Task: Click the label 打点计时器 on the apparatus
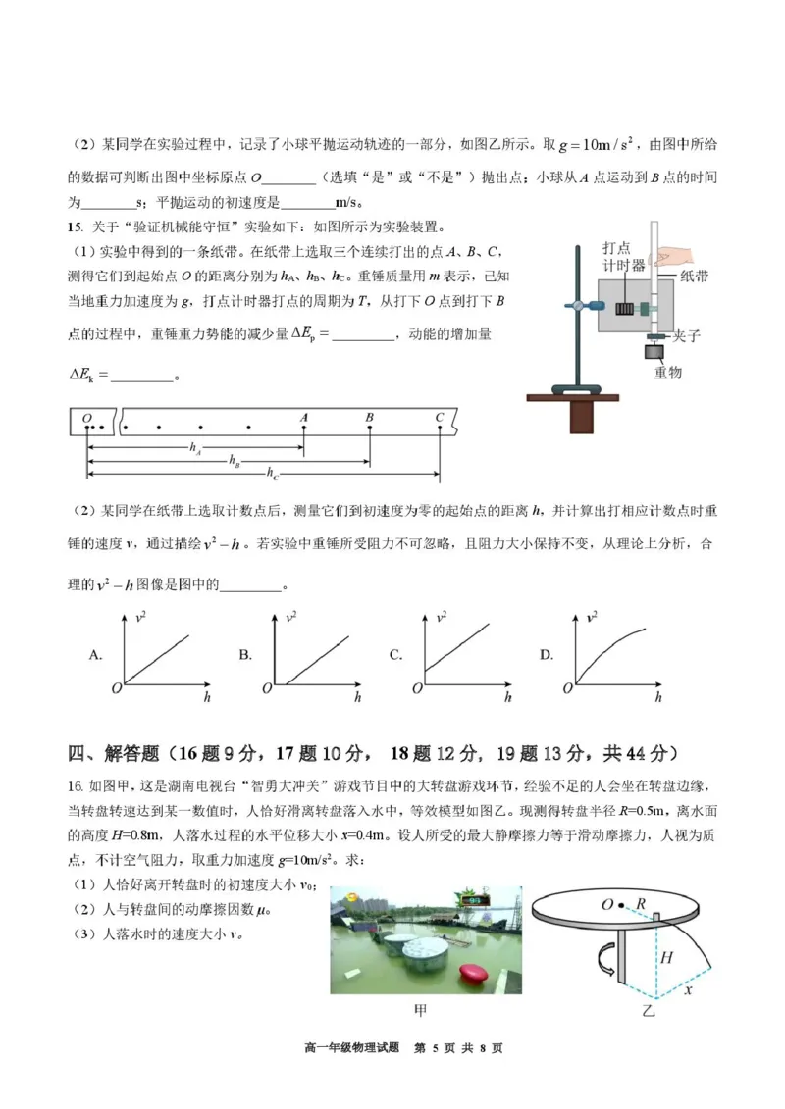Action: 624,258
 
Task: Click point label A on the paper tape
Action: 304,417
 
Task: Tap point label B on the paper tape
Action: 369,417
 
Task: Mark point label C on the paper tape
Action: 439,417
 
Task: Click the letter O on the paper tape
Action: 87,418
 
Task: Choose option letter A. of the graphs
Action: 96,654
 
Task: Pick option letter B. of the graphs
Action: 245,654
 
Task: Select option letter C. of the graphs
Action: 396,654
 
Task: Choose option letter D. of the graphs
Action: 547,654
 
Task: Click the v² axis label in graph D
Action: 593,617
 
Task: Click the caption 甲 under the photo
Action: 425,1010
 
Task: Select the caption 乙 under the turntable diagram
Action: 648,1010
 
